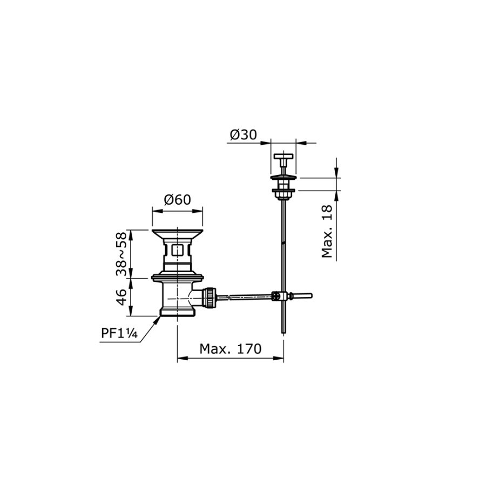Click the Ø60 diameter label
(177, 200)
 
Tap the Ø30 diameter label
(244, 135)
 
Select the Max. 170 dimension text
(230, 349)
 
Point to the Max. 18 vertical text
(327, 231)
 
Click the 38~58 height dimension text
(122, 254)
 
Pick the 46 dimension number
(122, 297)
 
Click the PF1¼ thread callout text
(119, 334)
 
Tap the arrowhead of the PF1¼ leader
(159, 320)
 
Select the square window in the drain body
(177, 249)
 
